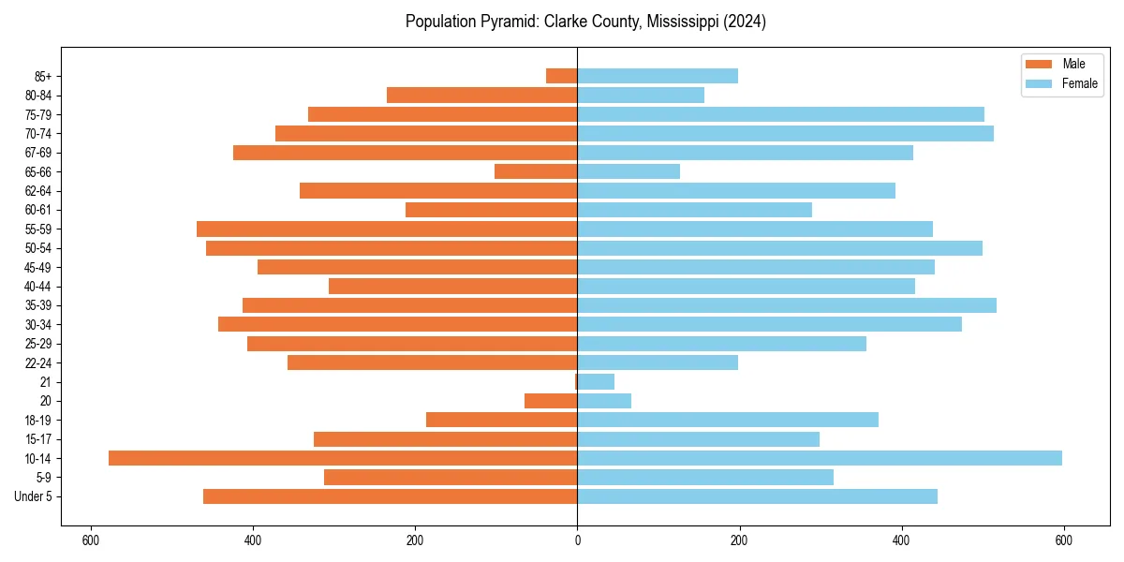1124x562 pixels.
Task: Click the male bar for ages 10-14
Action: coord(343,458)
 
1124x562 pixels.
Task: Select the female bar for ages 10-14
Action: coord(820,458)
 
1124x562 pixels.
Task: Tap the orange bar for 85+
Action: coord(562,76)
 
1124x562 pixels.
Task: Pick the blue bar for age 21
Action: coord(596,381)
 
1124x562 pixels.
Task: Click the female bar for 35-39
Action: coord(787,305)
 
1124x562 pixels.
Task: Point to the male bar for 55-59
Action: coord(387,229)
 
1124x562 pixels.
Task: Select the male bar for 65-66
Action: coord(536,171)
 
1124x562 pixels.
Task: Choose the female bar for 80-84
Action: coord(641,95)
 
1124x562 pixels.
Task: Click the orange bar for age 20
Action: coord(551,401)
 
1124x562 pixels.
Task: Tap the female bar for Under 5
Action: coord(757,496)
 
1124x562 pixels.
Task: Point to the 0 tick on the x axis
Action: coord(577,540)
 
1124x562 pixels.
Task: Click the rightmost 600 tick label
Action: coord(1063,540)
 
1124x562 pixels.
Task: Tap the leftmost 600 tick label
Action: coord(91,540)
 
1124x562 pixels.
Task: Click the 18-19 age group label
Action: coord(39,420)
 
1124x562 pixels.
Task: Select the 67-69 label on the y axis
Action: coord(39,153)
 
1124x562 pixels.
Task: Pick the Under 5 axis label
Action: coord(34,496)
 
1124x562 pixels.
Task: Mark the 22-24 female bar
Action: coord(658,362)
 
